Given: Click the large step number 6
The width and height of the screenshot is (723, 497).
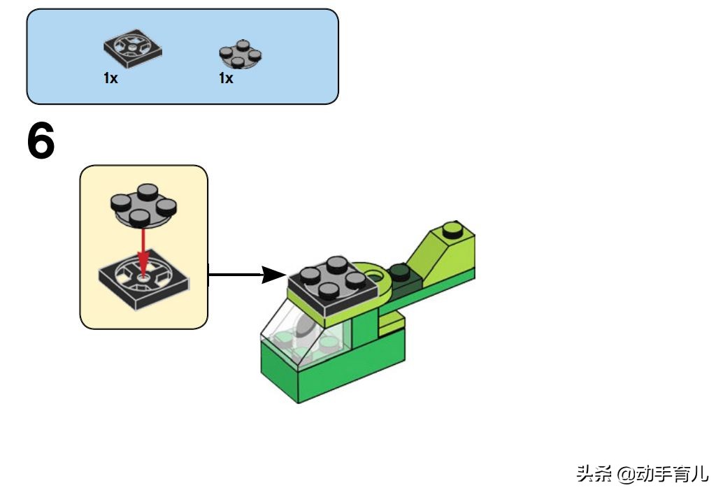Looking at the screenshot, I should pos(41,142).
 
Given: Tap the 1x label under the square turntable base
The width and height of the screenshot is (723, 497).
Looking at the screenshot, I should pos(110,78).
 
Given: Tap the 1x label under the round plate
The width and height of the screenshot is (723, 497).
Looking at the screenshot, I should pos(226,78).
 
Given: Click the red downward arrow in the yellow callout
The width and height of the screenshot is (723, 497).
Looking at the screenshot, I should pos(144,251).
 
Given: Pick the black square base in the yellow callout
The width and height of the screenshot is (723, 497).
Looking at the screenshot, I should pos(144,282).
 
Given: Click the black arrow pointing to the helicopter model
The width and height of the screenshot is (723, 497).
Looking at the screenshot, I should pos(245,274).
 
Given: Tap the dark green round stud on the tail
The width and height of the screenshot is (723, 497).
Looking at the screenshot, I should pos(399,269).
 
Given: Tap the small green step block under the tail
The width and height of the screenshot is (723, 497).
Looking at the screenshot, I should pos(392,323).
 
